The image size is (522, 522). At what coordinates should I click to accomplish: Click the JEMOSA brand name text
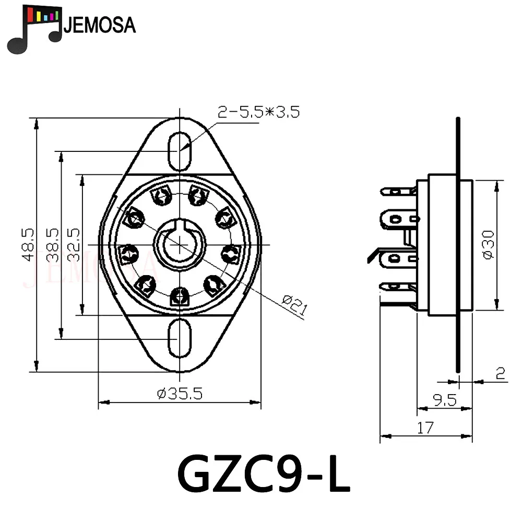pos(99,25)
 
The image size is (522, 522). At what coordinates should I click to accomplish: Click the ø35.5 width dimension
pos(179,393)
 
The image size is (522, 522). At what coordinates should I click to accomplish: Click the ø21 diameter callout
pos(294,304)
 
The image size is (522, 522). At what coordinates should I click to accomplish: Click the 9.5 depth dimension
pos(444,399)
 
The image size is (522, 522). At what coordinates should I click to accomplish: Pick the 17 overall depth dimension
pos(425,428)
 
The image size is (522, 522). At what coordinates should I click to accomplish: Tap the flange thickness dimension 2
pos(500,374)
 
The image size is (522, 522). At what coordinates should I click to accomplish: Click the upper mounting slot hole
pos(180,150)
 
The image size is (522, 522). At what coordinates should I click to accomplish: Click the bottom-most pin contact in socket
pos(180,296)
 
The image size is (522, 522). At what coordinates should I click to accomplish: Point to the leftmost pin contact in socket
pos(127,254)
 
